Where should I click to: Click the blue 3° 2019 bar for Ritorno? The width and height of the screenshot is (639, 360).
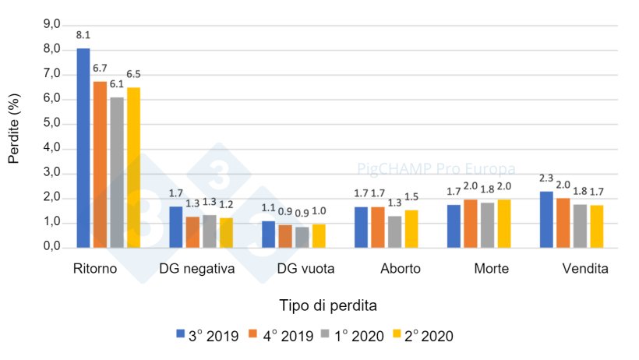coord(83,148)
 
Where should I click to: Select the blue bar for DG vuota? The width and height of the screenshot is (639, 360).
coord(269,235)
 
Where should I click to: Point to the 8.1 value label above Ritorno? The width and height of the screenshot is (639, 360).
coord(83,36)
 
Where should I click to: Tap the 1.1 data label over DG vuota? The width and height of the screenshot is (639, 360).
coord(269,208)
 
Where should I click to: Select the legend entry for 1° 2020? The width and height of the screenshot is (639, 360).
coord(357,336)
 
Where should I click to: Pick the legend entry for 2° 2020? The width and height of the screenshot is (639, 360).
coord(431,336)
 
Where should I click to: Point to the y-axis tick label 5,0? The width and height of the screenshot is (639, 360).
coord(51,123)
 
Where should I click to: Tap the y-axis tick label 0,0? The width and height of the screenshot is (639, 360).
coord(51,247)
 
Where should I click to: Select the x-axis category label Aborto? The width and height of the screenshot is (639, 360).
coord(400,269)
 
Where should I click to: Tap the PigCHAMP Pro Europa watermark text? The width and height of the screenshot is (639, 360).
coord(436,168)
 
